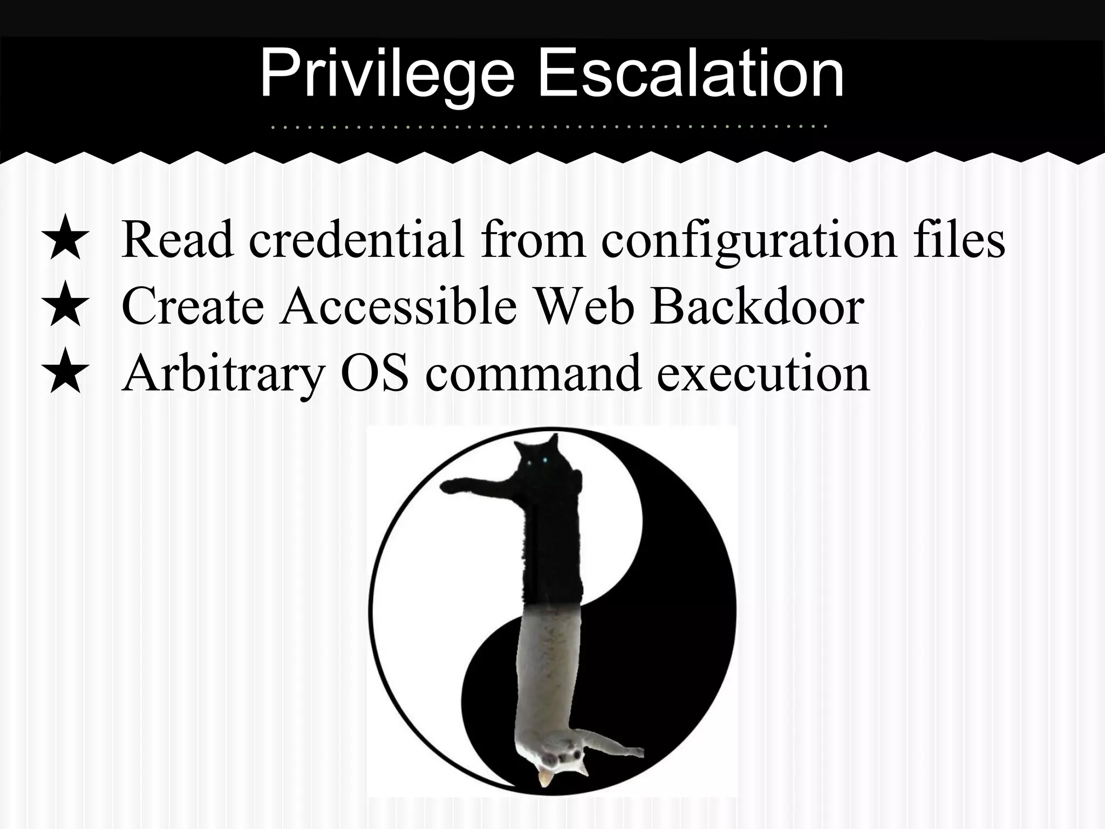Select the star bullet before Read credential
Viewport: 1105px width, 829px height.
click(x=65, y=237)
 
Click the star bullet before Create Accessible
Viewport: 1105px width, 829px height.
click(x=65, y=304)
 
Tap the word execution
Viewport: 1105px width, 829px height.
click(x=763, y=372)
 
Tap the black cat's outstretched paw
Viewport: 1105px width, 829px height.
click(x=451, y=486)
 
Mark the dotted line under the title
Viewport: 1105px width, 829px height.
click(x=548, y=127)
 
